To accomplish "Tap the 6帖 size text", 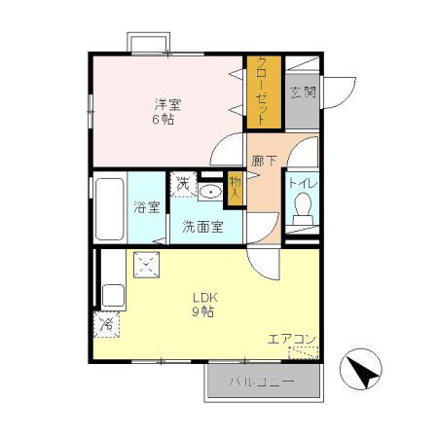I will [x=164, y=121].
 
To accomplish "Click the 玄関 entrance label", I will [x=303, y=93].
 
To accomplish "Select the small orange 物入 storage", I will [x=235, y=187].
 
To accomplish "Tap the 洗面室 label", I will [x=202, y=228].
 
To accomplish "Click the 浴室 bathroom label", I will [x=146, y=206].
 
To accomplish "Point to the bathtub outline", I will [x=109, y=206].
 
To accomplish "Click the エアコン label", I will [x=292, y=339].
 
